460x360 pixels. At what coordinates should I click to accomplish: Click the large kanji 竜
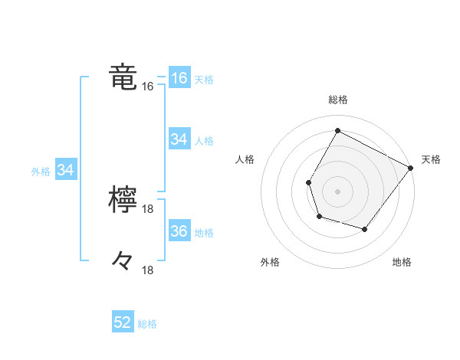pyautogui.click(x=123, y=78)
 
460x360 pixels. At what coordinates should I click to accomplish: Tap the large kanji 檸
pyautogui.click(x=123, y=201)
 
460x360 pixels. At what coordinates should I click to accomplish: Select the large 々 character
pyautogui.click(x=123, y=261)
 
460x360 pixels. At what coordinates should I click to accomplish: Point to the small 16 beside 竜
pyautogui.click(x=148, y=87)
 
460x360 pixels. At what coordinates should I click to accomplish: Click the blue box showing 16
pyautogui.click(x=179, y=78)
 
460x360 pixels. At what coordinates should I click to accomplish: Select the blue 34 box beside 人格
pyautogui.click(x=179, y=139)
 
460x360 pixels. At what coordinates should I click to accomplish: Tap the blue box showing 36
pyautogui.click(x=179, y=231)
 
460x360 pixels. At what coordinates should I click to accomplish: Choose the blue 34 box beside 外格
pyautogui.click(x=65, y=170)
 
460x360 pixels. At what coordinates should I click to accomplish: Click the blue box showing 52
pyautogui.click(x=123, y=322)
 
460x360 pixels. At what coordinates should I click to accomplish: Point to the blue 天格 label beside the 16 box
pyautogui.click(x=204, y=79)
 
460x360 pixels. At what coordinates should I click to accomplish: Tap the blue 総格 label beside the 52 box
pyautogui.click(x=147, y=324)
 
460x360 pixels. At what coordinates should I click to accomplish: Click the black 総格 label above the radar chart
pyautogui.click(x=337, y=100)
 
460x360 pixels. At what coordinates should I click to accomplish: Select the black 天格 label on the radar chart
pyautogui.click(x=431, y=159)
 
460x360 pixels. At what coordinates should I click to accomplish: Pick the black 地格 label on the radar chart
pyautogui.click(x=402, y=263)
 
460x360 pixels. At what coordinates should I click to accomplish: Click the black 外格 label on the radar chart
pyautogui.click(x=270, y=263)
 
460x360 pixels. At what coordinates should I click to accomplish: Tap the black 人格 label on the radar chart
pyautogui.click(x=245, y=159)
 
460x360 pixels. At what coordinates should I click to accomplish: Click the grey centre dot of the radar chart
pyautogui.click(x=337, y=191)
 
